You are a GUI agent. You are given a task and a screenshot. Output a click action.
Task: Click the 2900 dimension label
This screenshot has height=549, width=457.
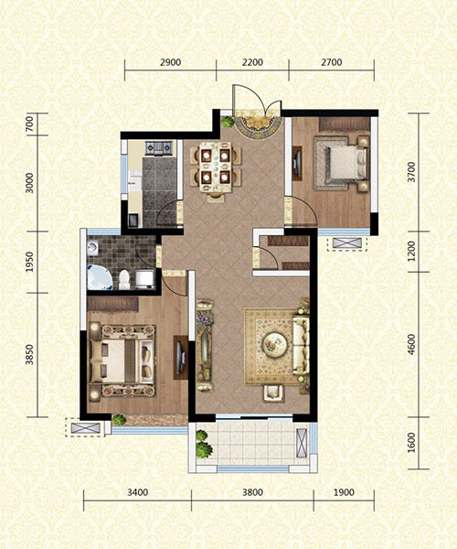click(170, 62)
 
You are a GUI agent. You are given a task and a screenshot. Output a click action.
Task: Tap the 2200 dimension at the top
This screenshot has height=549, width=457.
click(252, 62)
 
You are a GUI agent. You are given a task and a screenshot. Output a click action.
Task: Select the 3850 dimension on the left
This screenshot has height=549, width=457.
click(30, 355)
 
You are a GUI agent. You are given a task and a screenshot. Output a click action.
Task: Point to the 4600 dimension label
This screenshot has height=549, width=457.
click(412, 345)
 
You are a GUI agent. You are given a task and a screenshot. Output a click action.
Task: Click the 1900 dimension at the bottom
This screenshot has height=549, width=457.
click(344, 492)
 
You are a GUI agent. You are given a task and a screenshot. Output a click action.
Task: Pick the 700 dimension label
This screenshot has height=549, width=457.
click(30, 124)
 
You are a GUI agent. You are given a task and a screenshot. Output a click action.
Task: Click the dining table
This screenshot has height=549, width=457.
click(216, 167)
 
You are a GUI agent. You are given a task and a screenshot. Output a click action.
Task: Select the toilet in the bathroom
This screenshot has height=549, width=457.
click(124, 280)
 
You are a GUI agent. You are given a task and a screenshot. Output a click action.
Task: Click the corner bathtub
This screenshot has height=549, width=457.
click(100, 277)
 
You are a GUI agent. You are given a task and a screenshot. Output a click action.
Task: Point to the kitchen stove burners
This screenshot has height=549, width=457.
click(159, 148)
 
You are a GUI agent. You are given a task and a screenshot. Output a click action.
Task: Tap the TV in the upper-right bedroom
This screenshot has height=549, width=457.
click(298, 163)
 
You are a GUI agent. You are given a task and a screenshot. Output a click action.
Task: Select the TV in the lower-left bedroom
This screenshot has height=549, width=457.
click(181, 357)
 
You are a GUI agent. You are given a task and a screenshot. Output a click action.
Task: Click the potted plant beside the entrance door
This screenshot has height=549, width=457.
click(228, 123)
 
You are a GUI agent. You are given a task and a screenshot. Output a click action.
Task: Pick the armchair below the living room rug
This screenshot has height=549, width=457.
click(274, 393)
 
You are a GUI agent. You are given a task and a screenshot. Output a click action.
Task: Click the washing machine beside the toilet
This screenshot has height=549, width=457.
click(145, 279)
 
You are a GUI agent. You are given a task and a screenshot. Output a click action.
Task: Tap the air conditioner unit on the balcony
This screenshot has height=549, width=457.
click(302, 443)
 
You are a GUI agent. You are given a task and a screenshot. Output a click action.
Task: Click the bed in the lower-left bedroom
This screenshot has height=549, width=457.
click(122, 361)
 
